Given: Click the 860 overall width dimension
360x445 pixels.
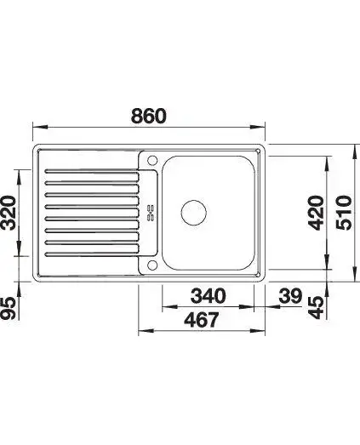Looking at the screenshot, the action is coord(149,116).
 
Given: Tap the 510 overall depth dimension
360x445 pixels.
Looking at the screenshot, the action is coord(344,212).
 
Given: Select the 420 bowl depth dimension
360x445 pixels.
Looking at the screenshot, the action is coord(317,213).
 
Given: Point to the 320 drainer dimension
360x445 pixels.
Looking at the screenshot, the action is coord(9,213).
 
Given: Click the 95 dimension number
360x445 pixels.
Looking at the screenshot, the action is coord(9,309).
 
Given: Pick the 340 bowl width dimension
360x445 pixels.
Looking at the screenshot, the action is coord(209,296).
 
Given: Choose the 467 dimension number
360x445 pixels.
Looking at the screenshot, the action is coord(202,320).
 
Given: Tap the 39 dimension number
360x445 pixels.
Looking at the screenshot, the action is coord(290,296).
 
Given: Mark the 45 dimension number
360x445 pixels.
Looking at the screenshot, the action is coord(317,307).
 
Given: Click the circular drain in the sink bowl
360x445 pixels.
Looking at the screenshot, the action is coord(194,213).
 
